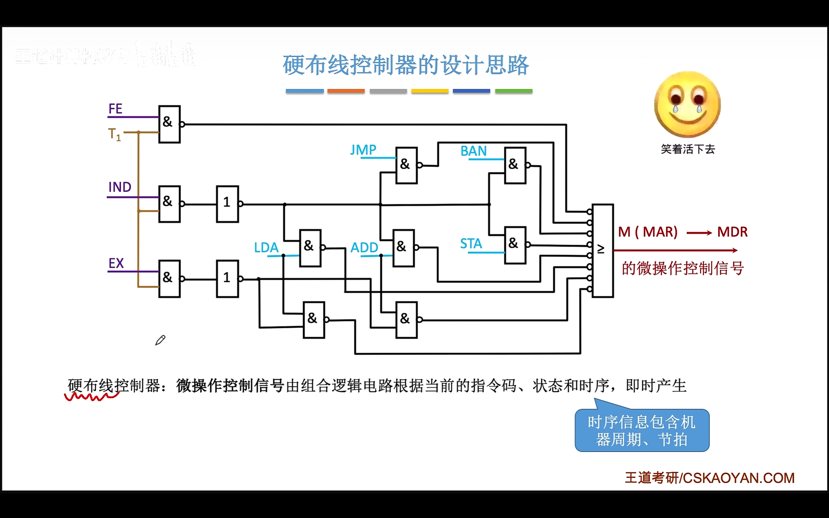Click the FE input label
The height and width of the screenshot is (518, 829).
click(x=115, y=109)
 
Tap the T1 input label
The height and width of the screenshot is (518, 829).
click(x=114, y=134)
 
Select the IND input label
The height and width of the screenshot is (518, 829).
click(x=119, y=187)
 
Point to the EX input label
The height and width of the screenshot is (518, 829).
click(x=116, y=263)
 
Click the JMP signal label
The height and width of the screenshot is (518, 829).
click(x=363, y=150)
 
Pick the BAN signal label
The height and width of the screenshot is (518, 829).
click(x=473, y=151)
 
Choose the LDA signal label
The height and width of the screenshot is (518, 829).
click(x=266, y=247)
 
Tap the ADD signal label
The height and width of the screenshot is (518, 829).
click(x=364, y=247)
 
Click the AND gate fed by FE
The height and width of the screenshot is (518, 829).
click(x=170, y=124)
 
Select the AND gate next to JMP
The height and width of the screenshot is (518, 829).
click(x=406, y=165)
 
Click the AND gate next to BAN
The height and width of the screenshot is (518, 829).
click(x=515, y=165)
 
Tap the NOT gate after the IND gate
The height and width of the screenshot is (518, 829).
click(x=227, y=204)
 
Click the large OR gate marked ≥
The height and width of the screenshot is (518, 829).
click(x=603, y=251)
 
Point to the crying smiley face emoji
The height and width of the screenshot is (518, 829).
click(x=687, y=105)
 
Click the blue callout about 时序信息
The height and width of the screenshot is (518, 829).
click(x=642, y=430)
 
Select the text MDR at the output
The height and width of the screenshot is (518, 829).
click(x=732, y=232)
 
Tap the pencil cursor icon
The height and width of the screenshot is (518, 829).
click(x=160, y=340)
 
